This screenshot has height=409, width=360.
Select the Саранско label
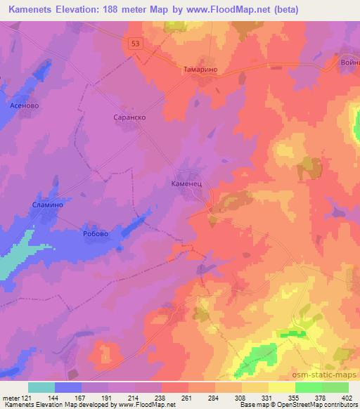click(x=129, y=118)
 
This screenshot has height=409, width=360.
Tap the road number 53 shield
click(x=136, y=44)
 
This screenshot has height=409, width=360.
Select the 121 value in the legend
click(x=26, y=397)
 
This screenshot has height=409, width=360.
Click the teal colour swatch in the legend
click(x=41, y=387)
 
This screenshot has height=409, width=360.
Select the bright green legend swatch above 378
click(x=309, y=387)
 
